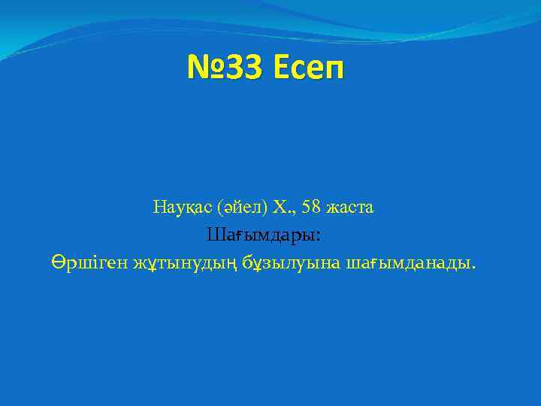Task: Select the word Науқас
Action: tap(180, 206)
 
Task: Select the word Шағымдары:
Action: tap(264, 235)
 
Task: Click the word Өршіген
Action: tap(89, 263)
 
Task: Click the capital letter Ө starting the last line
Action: tap(59, 263)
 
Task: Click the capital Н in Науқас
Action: tap(159, 206)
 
